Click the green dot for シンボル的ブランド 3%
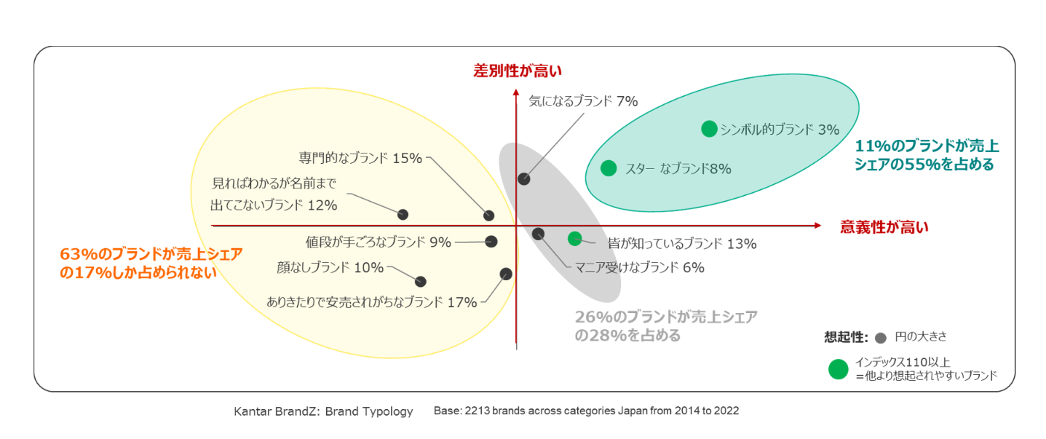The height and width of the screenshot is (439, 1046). tap(708, 129)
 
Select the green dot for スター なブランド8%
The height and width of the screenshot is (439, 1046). tap(609, 168)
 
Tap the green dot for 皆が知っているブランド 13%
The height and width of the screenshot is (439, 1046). tap(574, 238)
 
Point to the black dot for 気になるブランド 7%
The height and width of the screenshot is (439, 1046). tap(523, 178)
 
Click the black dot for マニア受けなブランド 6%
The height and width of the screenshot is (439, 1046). tap(538, 234)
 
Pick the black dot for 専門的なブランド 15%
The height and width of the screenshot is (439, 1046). tap(489, 215)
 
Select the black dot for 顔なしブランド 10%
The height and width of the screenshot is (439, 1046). tap(420, 281)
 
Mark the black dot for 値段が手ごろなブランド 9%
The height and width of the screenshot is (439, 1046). tap(491, 242)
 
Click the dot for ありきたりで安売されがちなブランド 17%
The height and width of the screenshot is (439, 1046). tap(507, 274)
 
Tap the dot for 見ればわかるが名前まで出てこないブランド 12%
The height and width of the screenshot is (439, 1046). tap(403, 214)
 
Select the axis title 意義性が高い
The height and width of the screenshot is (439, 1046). tap(884, 226)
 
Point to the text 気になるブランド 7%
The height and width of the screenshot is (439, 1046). tap(583, 101)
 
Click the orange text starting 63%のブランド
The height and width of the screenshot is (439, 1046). tap(151, 263)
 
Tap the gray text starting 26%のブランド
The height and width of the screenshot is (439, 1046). tap(665, 326)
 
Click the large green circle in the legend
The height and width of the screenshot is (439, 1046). tap(839, 369)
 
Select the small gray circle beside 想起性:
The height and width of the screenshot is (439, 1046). tap(880, 338)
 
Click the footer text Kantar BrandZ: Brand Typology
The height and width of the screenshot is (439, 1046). tap(323, 411)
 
